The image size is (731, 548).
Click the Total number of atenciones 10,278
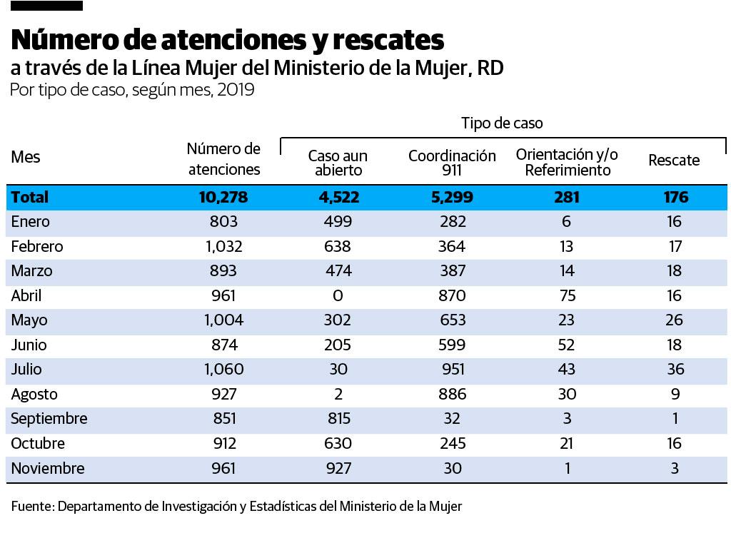tap(223, 198)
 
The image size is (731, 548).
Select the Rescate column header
tap(674, 161)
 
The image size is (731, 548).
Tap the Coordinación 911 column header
tap(452, 163)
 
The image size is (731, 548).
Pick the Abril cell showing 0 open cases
tap(338, 296)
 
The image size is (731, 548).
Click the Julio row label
tap(26, 370)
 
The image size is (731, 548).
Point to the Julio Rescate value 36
tap(674, 370)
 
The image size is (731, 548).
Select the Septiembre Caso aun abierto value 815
tap(338, 419)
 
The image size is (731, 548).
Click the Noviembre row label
tap(48, 469)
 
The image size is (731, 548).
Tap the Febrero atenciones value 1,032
tap(223, 247)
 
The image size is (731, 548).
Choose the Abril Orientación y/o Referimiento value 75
tap(566, 296)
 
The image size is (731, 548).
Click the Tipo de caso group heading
tap(501, 123)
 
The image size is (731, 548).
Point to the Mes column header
tap(26, 157)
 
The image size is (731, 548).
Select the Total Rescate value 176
tap(675, 198)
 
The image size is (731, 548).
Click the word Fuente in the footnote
tap(32, 507)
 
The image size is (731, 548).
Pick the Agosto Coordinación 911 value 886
tap(452, 395)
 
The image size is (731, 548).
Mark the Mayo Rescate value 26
tap(674, 320)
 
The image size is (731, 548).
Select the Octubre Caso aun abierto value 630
tap(338, 444)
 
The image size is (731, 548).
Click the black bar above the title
tap(47, 6)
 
